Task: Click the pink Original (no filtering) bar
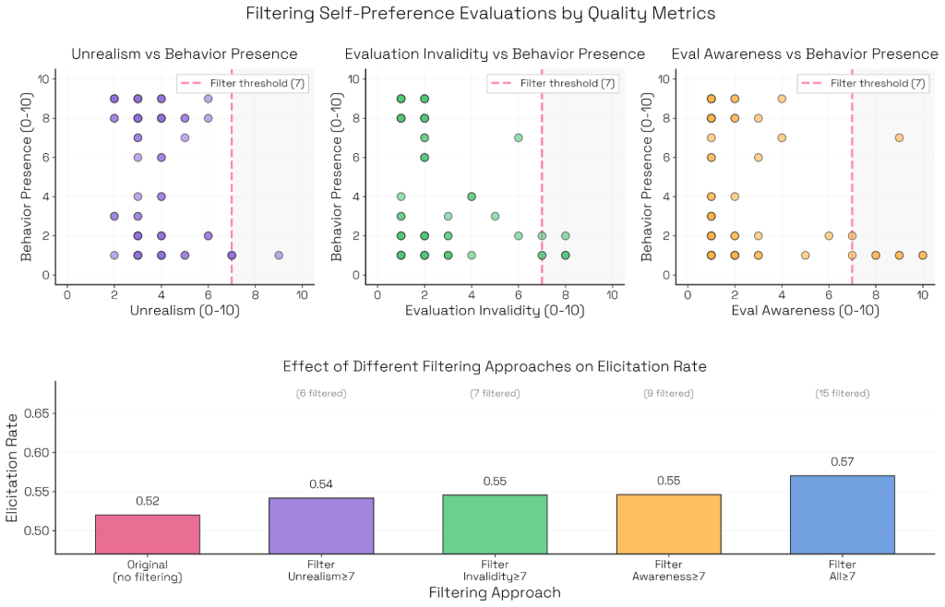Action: point(147,534)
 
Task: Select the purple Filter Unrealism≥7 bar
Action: point(320,526)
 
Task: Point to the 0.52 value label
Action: point(147,501)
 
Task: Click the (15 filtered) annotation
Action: point(842,394)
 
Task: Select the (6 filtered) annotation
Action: point(320,394)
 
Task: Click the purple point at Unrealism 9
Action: point(279,255)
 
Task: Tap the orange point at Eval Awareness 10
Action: point(922,255)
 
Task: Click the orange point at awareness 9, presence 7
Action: point(899,137)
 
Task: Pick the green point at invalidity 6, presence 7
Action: point(519,137)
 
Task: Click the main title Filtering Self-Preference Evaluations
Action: point(480,14)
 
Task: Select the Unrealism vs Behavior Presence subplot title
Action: point(185,54)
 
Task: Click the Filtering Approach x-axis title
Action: point(495,592)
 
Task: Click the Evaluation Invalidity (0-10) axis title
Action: point(495,311)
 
